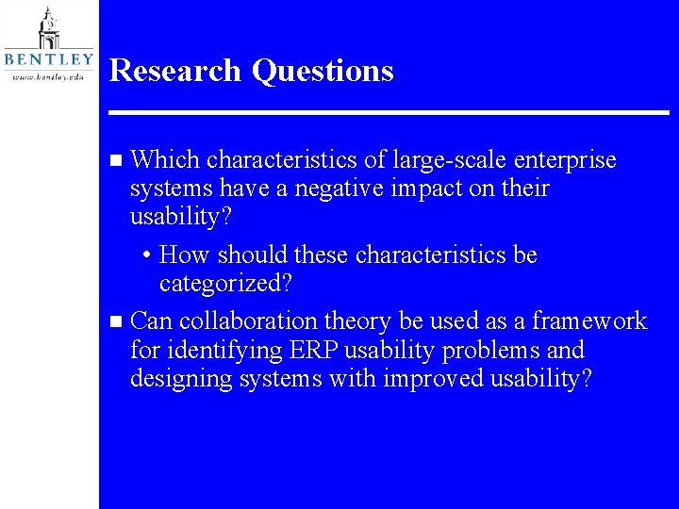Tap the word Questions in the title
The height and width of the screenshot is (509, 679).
(x=323, y=72)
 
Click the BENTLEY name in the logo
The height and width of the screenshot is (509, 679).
(x=49, y=58)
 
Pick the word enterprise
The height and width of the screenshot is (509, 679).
(x=563, y=161)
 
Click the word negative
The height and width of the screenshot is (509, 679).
(x=339, y=189)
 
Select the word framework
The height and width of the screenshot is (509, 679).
(x=589, y=321)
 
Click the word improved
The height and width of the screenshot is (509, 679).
(x=432, y=379)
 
